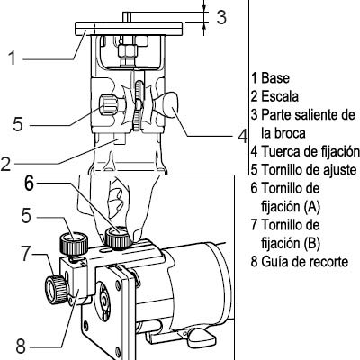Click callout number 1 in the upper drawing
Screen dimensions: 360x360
12,58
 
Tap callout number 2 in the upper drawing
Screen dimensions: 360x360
5,164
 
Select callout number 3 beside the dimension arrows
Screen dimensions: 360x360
221,17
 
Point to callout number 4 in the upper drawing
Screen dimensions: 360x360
243,137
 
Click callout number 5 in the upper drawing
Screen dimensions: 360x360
18,124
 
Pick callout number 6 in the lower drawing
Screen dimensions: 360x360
29,184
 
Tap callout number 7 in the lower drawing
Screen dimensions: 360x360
26,254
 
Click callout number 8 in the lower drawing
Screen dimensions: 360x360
21,346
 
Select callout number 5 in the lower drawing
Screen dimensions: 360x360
26,215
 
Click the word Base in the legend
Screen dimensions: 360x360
275,78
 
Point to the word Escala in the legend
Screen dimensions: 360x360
280,96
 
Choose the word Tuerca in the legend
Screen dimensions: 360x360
280,151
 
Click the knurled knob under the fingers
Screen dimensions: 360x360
118,238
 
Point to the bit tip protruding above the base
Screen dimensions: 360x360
127,17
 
